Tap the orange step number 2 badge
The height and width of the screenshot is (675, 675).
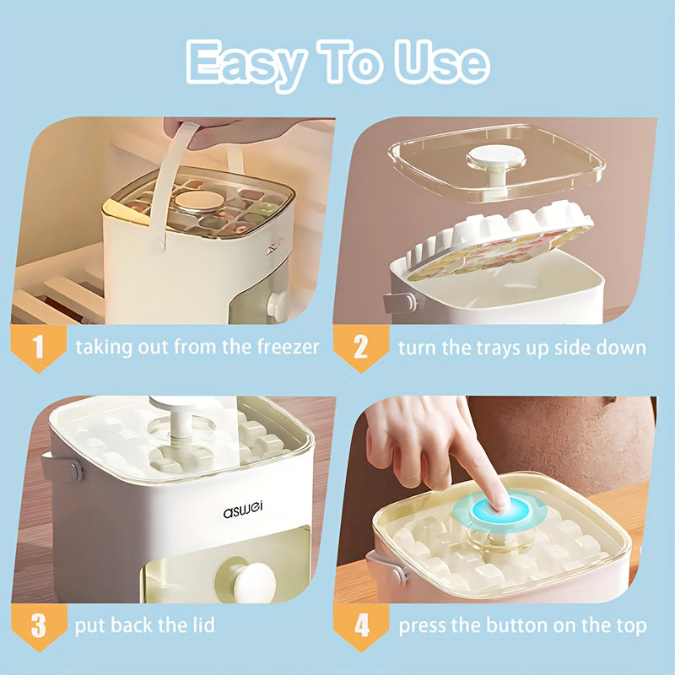coord(360,347)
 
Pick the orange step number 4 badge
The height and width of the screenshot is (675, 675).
coord(360,626)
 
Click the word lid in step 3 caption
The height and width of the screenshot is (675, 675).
coord(200,626)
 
